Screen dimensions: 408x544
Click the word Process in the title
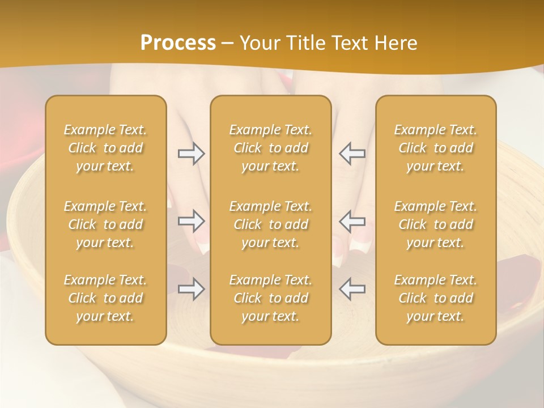pyautogui.click(x=178, y=43)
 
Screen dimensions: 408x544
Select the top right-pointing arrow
pyautogui.click(x=191, y=154)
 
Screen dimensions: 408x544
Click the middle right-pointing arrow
pyautogui.click(x=191, y=221)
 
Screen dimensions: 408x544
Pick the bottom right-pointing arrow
pyautogui.click(x=191, y=289)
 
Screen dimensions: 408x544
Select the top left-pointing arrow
pyautogui.click(x=352, y=154)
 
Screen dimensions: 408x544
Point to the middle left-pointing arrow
pyautogui.click(x=352, y=221)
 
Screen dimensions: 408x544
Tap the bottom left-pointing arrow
pyautogui.click(x=352, y=289)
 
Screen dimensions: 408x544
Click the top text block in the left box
pyautogui.click(x=105, y=148)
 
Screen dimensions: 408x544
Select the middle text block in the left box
pyautogui.click(x=105, y=224)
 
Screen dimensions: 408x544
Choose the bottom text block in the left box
pyautogui.click(x=105, y=298)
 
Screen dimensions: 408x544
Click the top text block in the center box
pyautogui.click(x=271, y=148)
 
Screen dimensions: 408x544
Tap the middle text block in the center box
pyautogui.click(x=271, y=224)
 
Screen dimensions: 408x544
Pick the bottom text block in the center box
pyautogui.click(x=271, y=298)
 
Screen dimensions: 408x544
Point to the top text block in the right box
pyautogui.click(x=436, y=148)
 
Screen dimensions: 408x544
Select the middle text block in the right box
pyautogui.click(x=436, y=224)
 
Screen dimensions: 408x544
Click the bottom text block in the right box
pyautogui.click(x=436, y=298)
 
